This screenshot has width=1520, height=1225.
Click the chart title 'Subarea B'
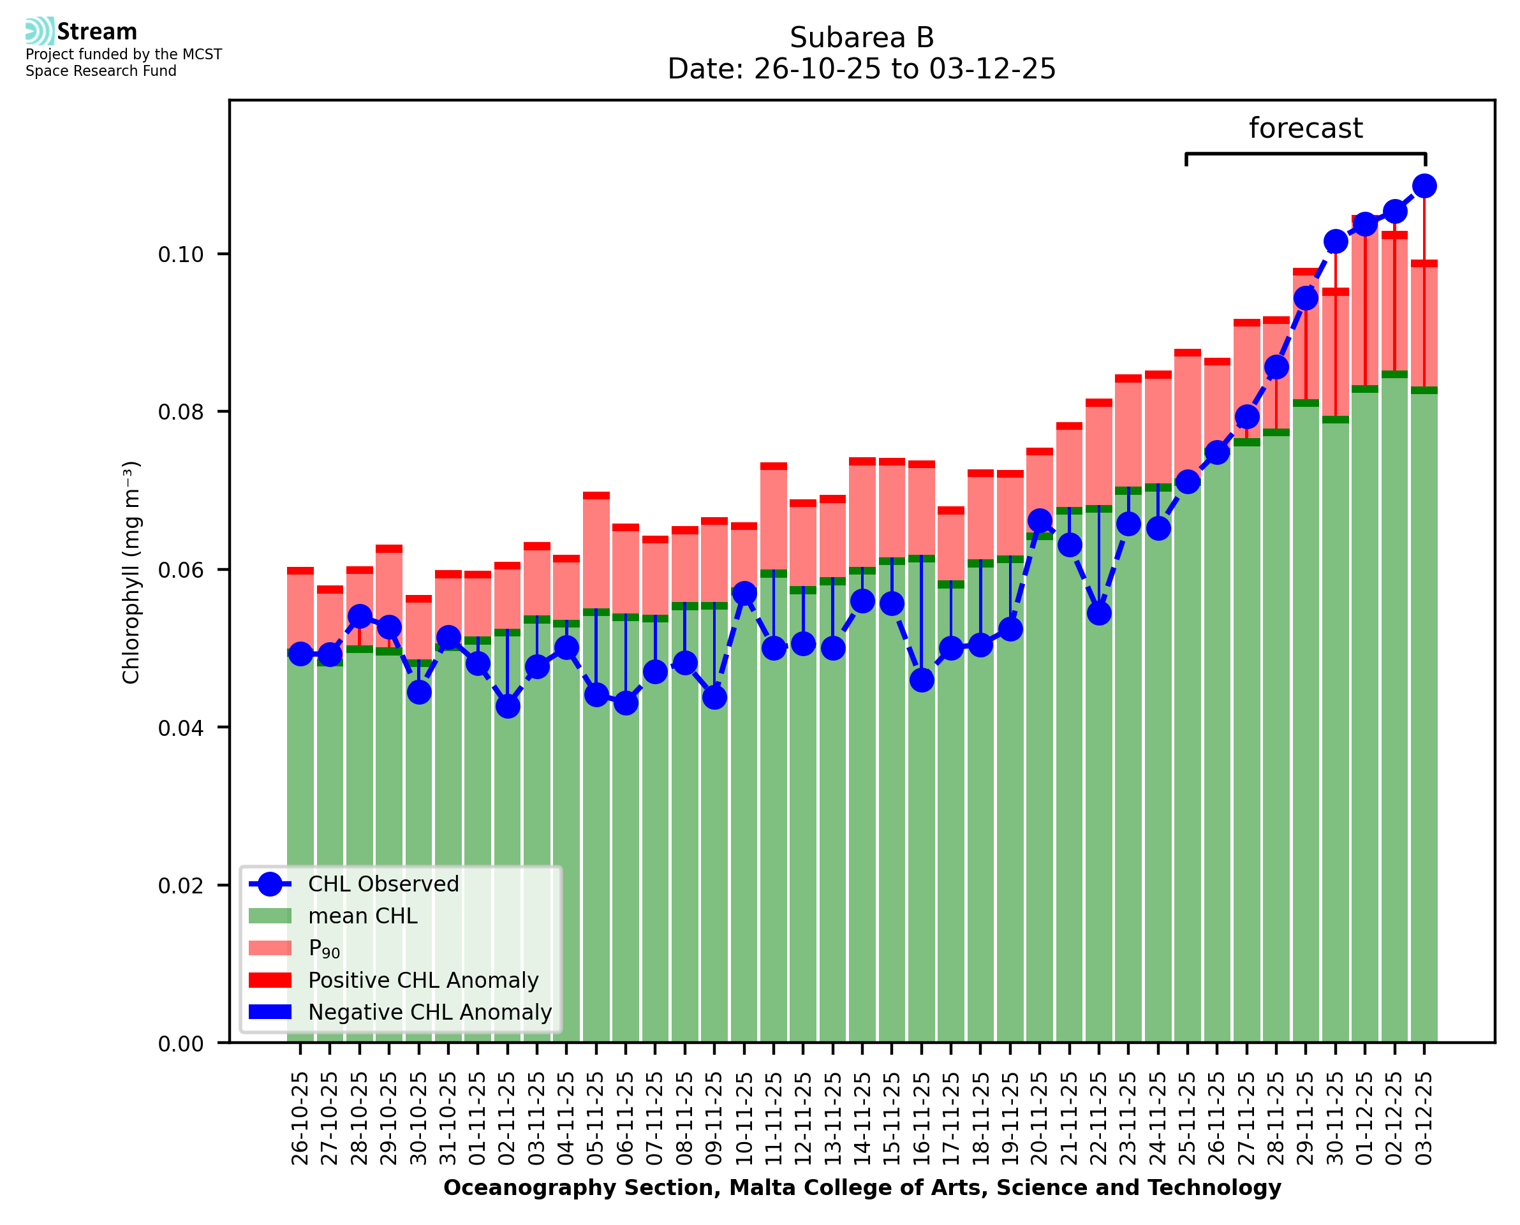[x=861, y=38]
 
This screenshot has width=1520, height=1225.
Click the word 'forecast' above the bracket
[x=1305, y=128]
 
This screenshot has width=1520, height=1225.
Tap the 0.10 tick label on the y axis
[x=181, y=254]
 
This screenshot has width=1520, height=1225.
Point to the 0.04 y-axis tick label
[x=181, y=728]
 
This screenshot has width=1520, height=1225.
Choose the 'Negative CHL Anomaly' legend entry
[x=429, y=1012]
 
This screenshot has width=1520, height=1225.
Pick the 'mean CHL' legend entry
[x=363, y=916]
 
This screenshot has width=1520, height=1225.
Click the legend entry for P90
[x=324, y=948]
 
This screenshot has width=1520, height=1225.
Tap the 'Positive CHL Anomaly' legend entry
[x=423, y=980]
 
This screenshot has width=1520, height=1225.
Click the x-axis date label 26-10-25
[x=300, y=1119]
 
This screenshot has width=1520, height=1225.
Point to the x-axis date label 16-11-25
[x=921, y=1119]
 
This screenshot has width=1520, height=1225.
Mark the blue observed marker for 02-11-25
[x=507, y=707]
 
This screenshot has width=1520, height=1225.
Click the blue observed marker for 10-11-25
[x=744, y=594]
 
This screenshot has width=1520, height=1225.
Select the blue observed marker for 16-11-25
[x=921, y=680]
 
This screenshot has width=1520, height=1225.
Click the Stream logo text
[x=97, y=32]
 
